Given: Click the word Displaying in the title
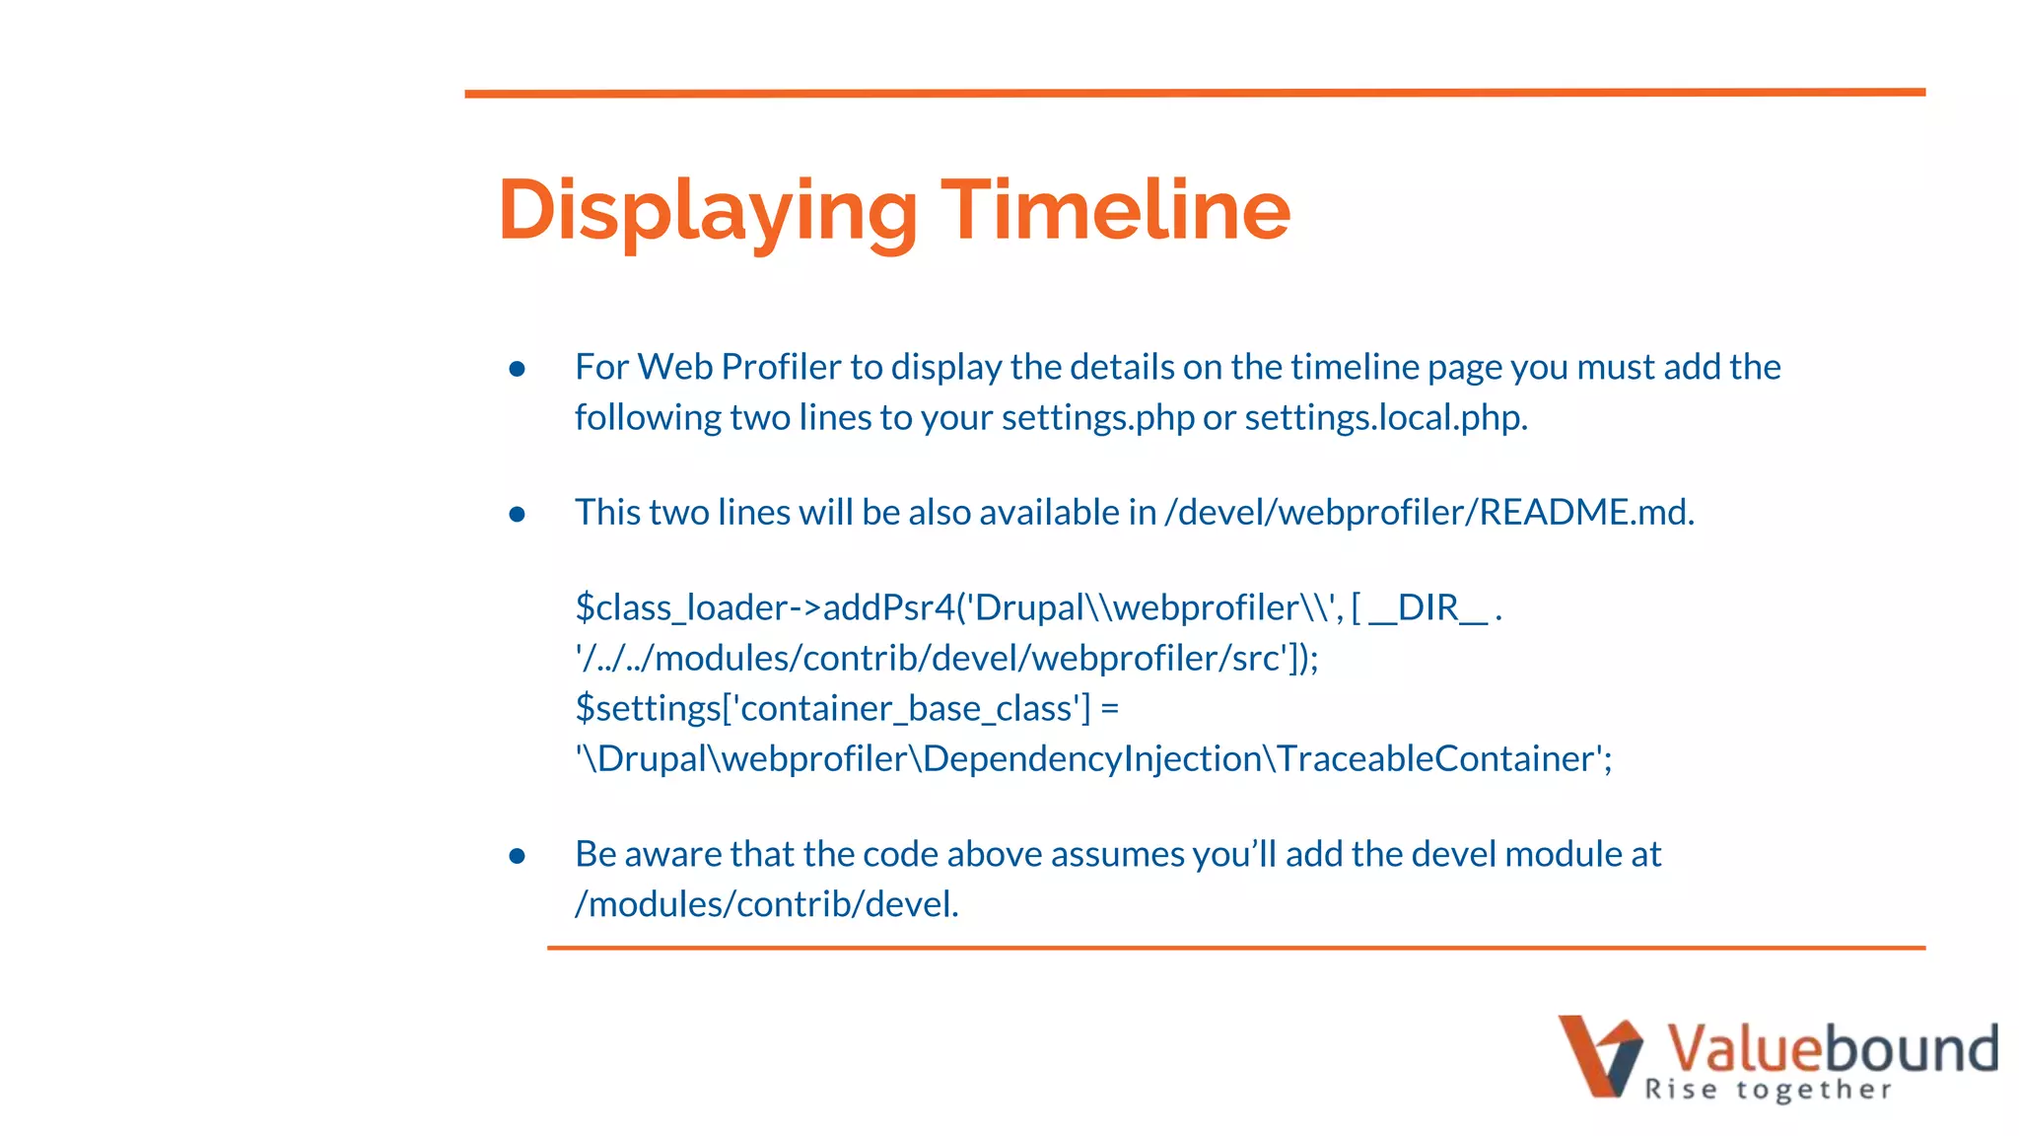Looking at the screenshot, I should click(x=708, y=210).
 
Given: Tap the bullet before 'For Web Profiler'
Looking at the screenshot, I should click(x=517, y=369).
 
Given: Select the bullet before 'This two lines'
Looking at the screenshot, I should click(x=517, y=514).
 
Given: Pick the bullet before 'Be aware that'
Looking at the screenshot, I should click(x=517, y=856).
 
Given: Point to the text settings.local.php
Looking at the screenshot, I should click(x=1385, y=418).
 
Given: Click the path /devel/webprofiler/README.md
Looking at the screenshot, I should click(x=1428, y=513).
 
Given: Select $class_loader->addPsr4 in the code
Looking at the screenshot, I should click(x=765, y=608).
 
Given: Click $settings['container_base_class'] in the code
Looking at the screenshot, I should click(x=833, y=709).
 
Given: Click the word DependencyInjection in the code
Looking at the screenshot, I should click(x=1092, y=759).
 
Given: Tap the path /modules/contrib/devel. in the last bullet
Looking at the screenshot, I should click(x=767, y=904).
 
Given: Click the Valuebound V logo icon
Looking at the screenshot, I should click(x=1599, y=1056).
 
